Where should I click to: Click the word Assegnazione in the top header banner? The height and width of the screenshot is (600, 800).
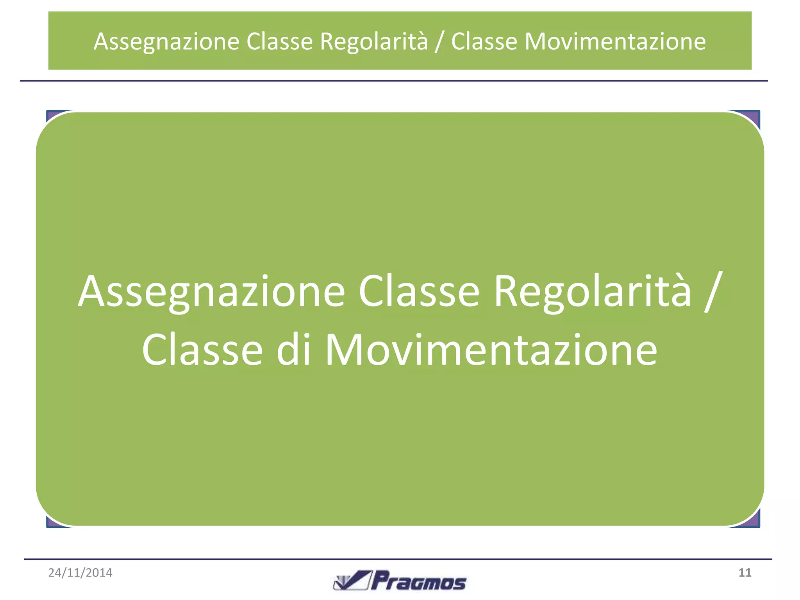click(x=166, y=41)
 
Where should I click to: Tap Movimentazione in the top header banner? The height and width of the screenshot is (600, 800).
click(x=615, y=41)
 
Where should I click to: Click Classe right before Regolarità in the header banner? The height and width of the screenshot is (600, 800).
click(x=279, y=41)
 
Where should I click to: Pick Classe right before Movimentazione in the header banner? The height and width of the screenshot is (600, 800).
click(x=484, y=41)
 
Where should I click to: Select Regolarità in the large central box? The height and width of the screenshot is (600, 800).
click(x=592, y=291)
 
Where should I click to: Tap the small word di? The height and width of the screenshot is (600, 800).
click(x=293, y=350)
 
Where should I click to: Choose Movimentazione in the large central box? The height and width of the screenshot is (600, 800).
click(x=491, y=350)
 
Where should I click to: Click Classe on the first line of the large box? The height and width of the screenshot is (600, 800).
click(x=419, y=291)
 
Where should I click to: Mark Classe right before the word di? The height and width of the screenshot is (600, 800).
click(x=202, y=350)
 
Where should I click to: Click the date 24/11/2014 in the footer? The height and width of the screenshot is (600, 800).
click(x=80, y=573)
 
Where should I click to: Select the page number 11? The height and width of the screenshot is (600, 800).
click(x=745, y=573)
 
